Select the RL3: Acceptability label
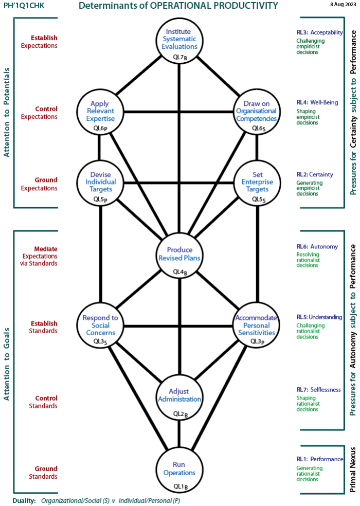[x=319, y=32]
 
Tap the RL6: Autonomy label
[x=317, y=246]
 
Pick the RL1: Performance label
[x=319, y=459]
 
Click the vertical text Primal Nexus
[x=353, y=470]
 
